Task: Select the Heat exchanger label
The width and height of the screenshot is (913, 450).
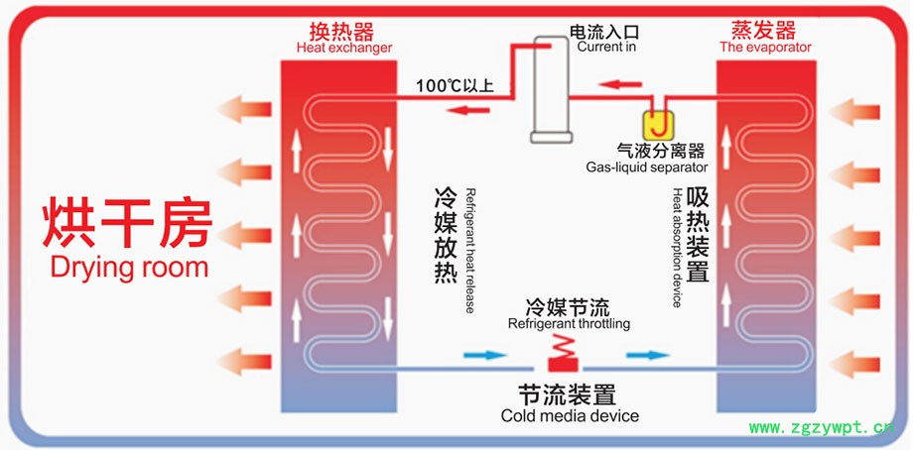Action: tap(343, 48)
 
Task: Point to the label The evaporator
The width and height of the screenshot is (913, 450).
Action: tap(765, 47)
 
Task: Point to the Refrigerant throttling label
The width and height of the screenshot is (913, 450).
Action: tap(569, 323)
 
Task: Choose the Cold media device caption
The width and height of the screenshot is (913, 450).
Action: tap(570, 415)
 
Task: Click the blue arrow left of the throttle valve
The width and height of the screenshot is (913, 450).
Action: tap(483, 354)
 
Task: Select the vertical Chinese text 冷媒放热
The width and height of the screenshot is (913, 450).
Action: tap(445, 236)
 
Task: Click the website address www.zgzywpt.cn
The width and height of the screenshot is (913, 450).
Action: tap(821, 428)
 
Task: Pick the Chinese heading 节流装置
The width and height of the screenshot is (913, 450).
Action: tap(567, 394)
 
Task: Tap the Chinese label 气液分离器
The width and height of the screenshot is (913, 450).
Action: tap(661, 151)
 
